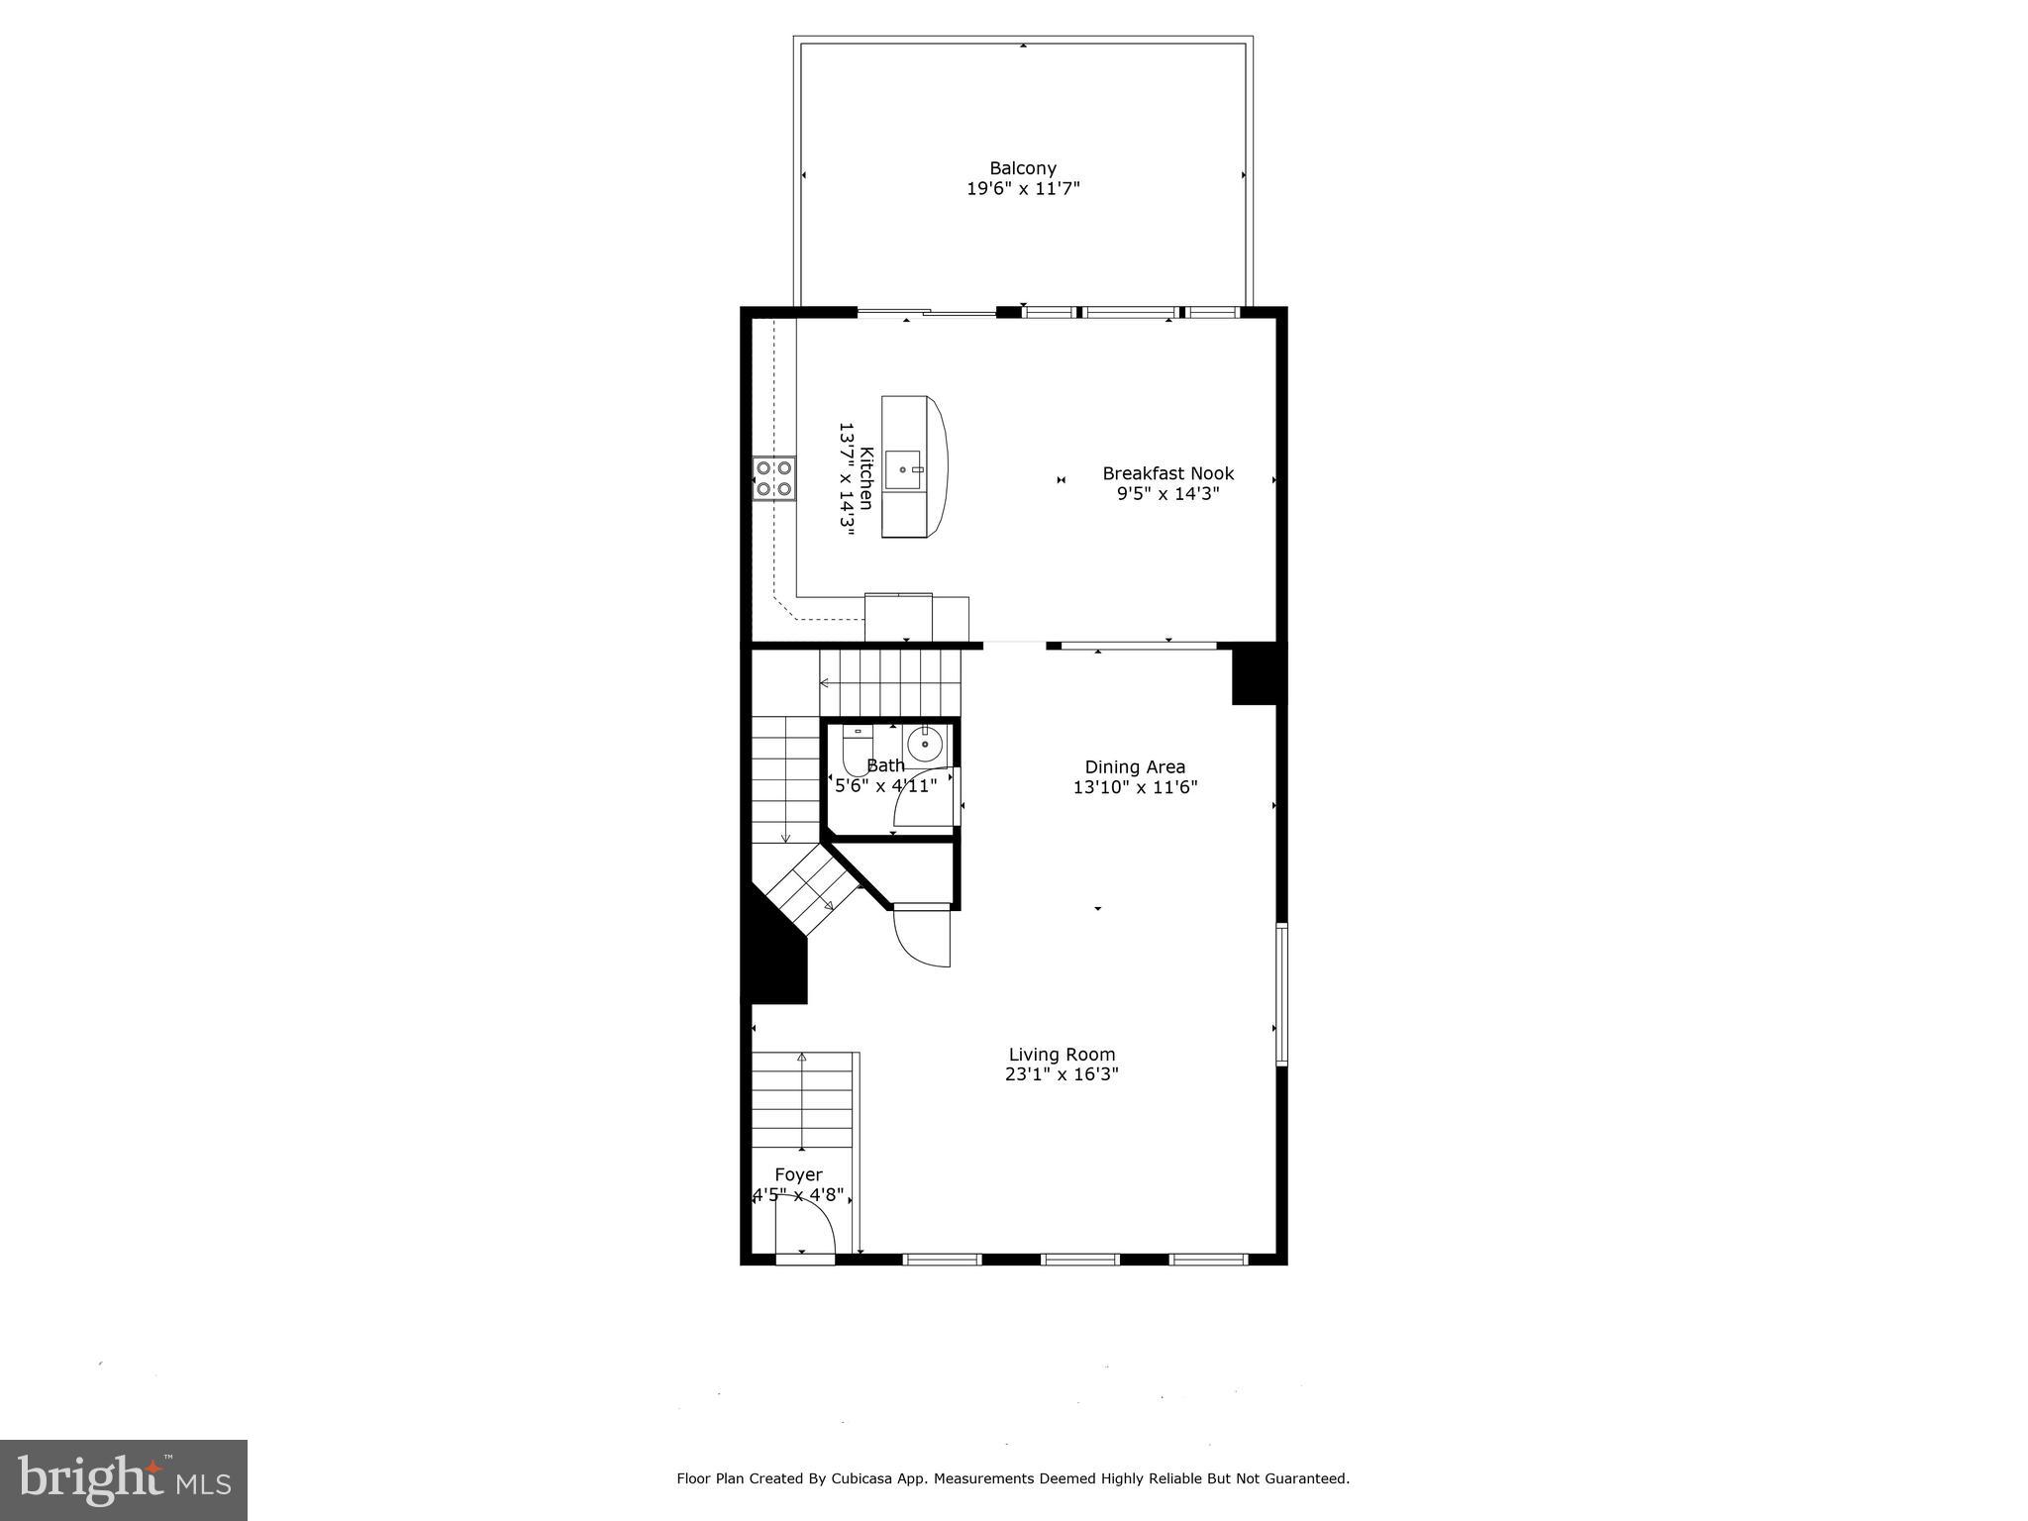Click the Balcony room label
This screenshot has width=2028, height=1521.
(x=1023, y=168)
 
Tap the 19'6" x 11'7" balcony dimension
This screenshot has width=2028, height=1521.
(x=1023, y=188)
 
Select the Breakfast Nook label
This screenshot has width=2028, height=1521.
(x=1168, y=473)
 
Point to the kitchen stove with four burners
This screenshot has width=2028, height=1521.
(x=774, y=478)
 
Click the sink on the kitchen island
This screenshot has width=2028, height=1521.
(x=904, y=469)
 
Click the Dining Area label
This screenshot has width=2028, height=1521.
(x=1135, y=766)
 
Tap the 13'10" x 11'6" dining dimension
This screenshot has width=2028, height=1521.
(x=1135, y=787)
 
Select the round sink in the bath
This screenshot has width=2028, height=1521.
(x=926, y=744)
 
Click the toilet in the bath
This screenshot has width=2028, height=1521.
(x=857, y=751)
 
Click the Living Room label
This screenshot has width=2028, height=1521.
(x=1062, y=1055)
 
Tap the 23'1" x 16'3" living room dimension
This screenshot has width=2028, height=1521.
(x=1062, y=1074)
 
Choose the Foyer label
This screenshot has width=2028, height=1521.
(x=798, y=1174)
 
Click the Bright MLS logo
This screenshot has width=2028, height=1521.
(x=124, y=1480)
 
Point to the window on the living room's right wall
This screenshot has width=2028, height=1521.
(x=1281, y=993)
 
